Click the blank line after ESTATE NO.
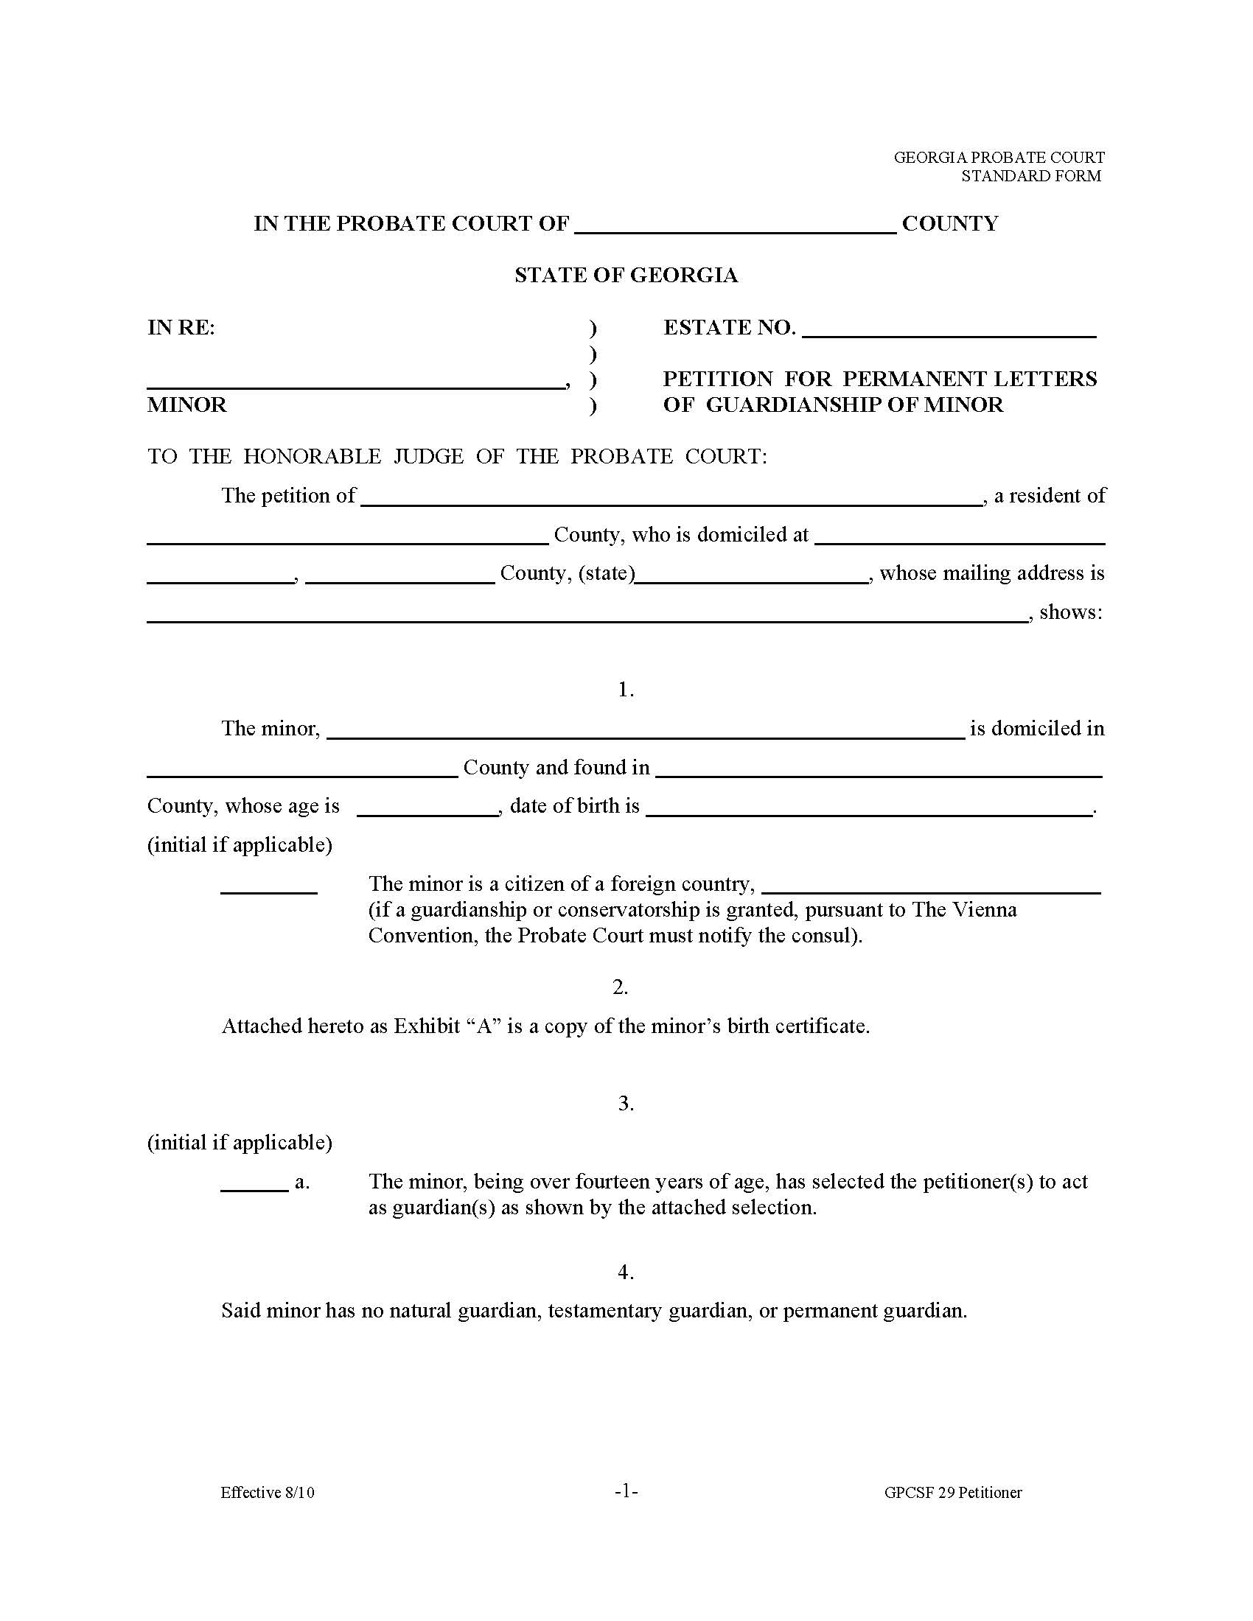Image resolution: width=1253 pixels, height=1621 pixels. tap(949, 332)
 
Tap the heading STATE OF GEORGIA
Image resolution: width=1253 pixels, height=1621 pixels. tap(626, 276)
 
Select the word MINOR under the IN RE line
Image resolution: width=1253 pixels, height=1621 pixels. tap(187, 405)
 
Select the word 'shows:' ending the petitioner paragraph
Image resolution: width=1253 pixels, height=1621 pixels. tap(1070, 612)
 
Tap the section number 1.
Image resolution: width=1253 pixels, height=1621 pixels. tap(626, 690)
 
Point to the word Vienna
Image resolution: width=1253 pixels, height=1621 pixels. tap(984, 910)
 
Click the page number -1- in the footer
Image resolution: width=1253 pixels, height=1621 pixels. tap(626, 1492)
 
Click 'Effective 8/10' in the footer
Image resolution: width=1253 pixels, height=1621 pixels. tap(268, 1493)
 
